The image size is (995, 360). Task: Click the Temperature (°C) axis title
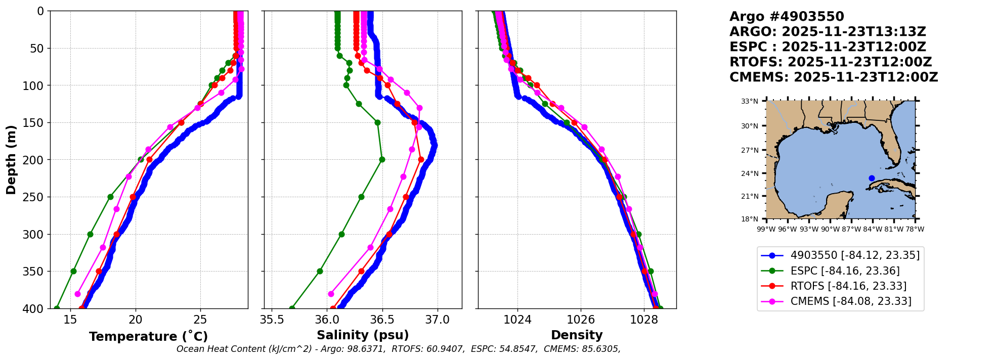click(148, 337)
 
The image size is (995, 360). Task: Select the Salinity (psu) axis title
click(363, 335)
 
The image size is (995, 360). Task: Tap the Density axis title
click(577, 335)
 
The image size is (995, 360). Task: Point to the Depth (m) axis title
click(11, 160)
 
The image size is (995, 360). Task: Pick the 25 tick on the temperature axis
click(200, 320)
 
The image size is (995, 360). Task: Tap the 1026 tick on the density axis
click(581, 320)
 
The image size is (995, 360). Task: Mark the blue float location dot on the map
click(872, 178)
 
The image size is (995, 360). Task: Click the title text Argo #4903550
click(787, 17)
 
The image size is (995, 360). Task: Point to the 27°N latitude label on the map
click(750, 150)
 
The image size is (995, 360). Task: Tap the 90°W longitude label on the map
click(830, 229)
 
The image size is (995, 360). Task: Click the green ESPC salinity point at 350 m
click(320, 271)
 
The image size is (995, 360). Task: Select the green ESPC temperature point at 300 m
click(90, 234)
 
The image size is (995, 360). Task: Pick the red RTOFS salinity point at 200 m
click(421, 159)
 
